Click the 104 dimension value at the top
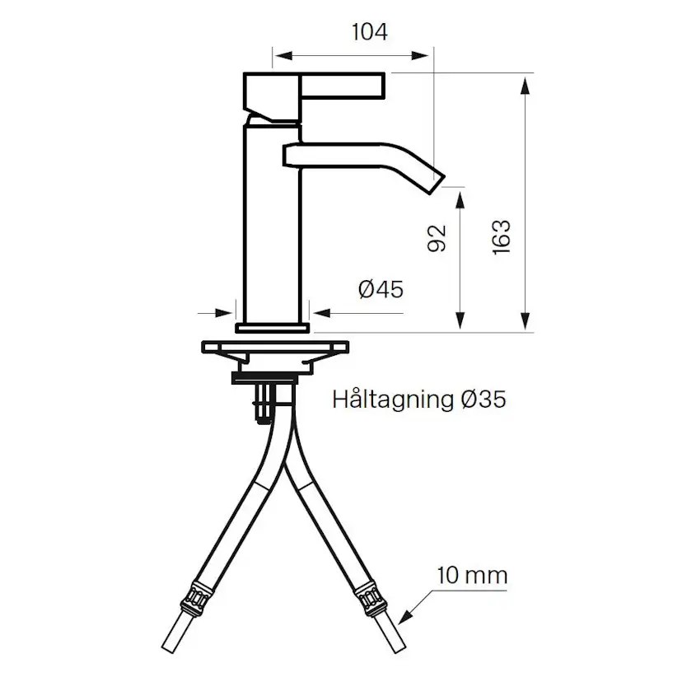[369, 32]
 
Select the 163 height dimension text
[502, 237]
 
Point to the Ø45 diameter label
[381, 289]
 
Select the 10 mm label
[472, 574]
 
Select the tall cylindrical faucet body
[273, 222]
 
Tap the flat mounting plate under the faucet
[273, 348]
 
